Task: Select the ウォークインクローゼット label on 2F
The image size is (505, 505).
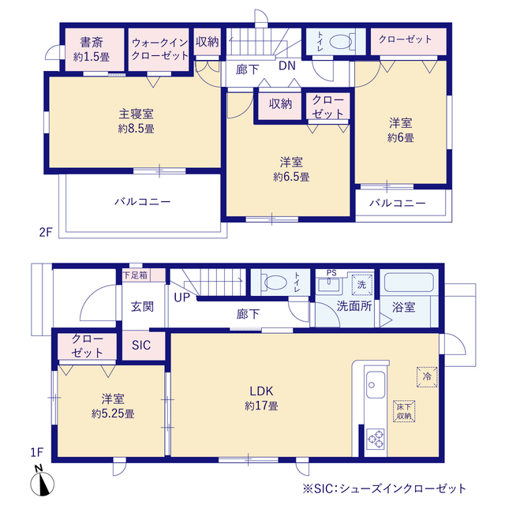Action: [160, 49]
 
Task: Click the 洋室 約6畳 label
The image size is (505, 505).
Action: [401, 130]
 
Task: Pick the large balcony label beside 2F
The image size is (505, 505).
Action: [142, 202]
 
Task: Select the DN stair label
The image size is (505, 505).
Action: [286, 68]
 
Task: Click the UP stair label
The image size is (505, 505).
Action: [182, 297]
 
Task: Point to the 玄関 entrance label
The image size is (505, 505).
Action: [142, 305]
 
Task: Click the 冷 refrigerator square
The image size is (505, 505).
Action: [427, 377]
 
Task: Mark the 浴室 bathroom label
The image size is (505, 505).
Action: [403, 307]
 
